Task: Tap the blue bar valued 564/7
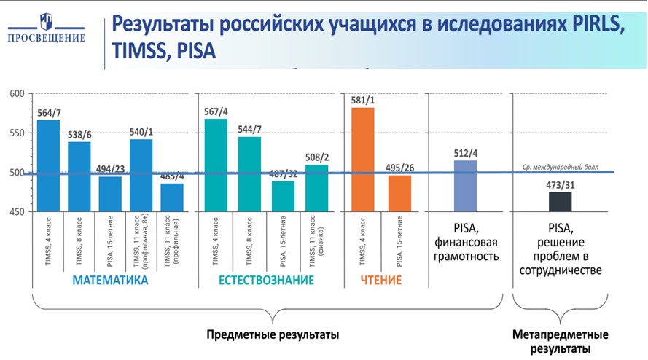[49, 165]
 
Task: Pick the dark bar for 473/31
[560, 202]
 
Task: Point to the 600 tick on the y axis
[17, 93]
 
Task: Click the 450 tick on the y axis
[17, 212]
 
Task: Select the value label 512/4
[465, 153]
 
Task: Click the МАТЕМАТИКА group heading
[109, 280]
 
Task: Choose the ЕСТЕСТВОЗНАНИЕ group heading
[266, 280]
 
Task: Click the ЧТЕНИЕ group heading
[381, 280]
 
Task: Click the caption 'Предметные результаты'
[273, 335]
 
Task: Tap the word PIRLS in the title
[593, 26]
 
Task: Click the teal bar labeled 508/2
[316, 188]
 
